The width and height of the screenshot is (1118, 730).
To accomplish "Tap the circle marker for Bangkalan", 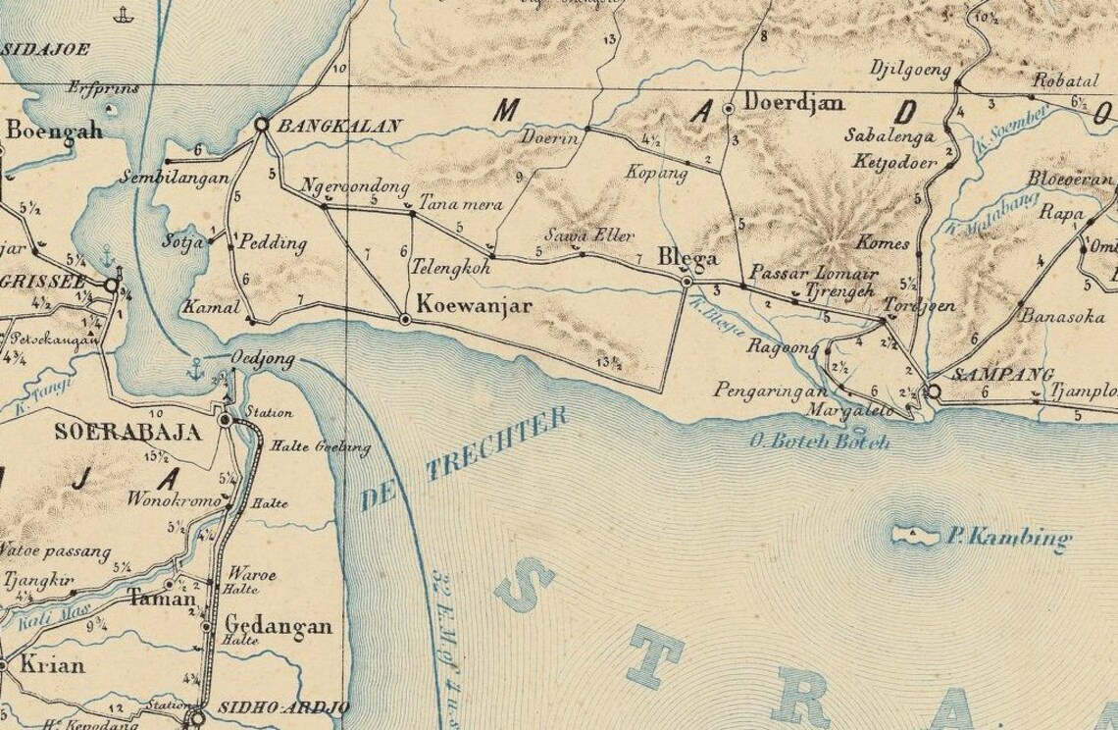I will coord(262,125).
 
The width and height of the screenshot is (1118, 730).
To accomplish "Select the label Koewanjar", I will coord(475,306).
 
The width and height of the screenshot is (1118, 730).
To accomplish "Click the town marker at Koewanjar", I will coord(404,319).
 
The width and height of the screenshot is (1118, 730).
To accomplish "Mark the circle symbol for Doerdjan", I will coord(728,108).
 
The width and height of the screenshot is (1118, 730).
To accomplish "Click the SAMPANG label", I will coord(990,374).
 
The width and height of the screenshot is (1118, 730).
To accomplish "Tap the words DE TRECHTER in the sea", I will coord(464,459).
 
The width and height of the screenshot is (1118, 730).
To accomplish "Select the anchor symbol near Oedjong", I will coord(194,370).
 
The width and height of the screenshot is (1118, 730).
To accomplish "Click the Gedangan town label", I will coord(279,626).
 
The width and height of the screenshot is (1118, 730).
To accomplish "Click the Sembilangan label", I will coord(174,179).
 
